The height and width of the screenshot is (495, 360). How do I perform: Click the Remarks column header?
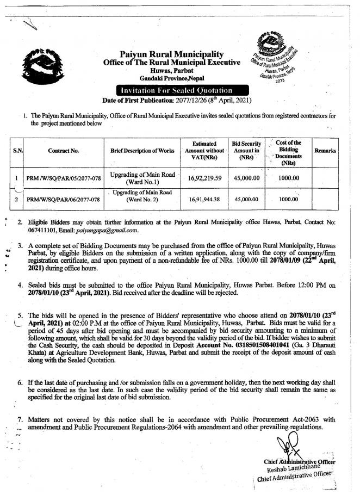coord(325,150)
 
